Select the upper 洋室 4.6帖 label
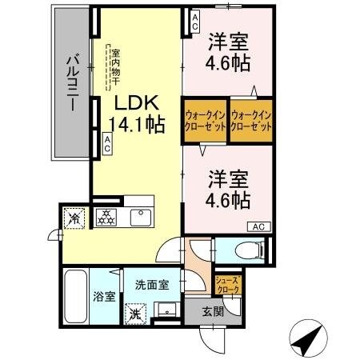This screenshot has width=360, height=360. click(x=228, y=53)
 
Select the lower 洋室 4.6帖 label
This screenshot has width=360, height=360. click(x=228, y=187)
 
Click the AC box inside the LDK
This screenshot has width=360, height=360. click(x=107, y=143)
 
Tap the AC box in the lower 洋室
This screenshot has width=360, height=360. click(x=258, y=227)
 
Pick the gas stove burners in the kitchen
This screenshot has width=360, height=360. click(x=107, y=217)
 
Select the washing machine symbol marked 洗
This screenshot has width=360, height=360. click(x=137, y=312)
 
